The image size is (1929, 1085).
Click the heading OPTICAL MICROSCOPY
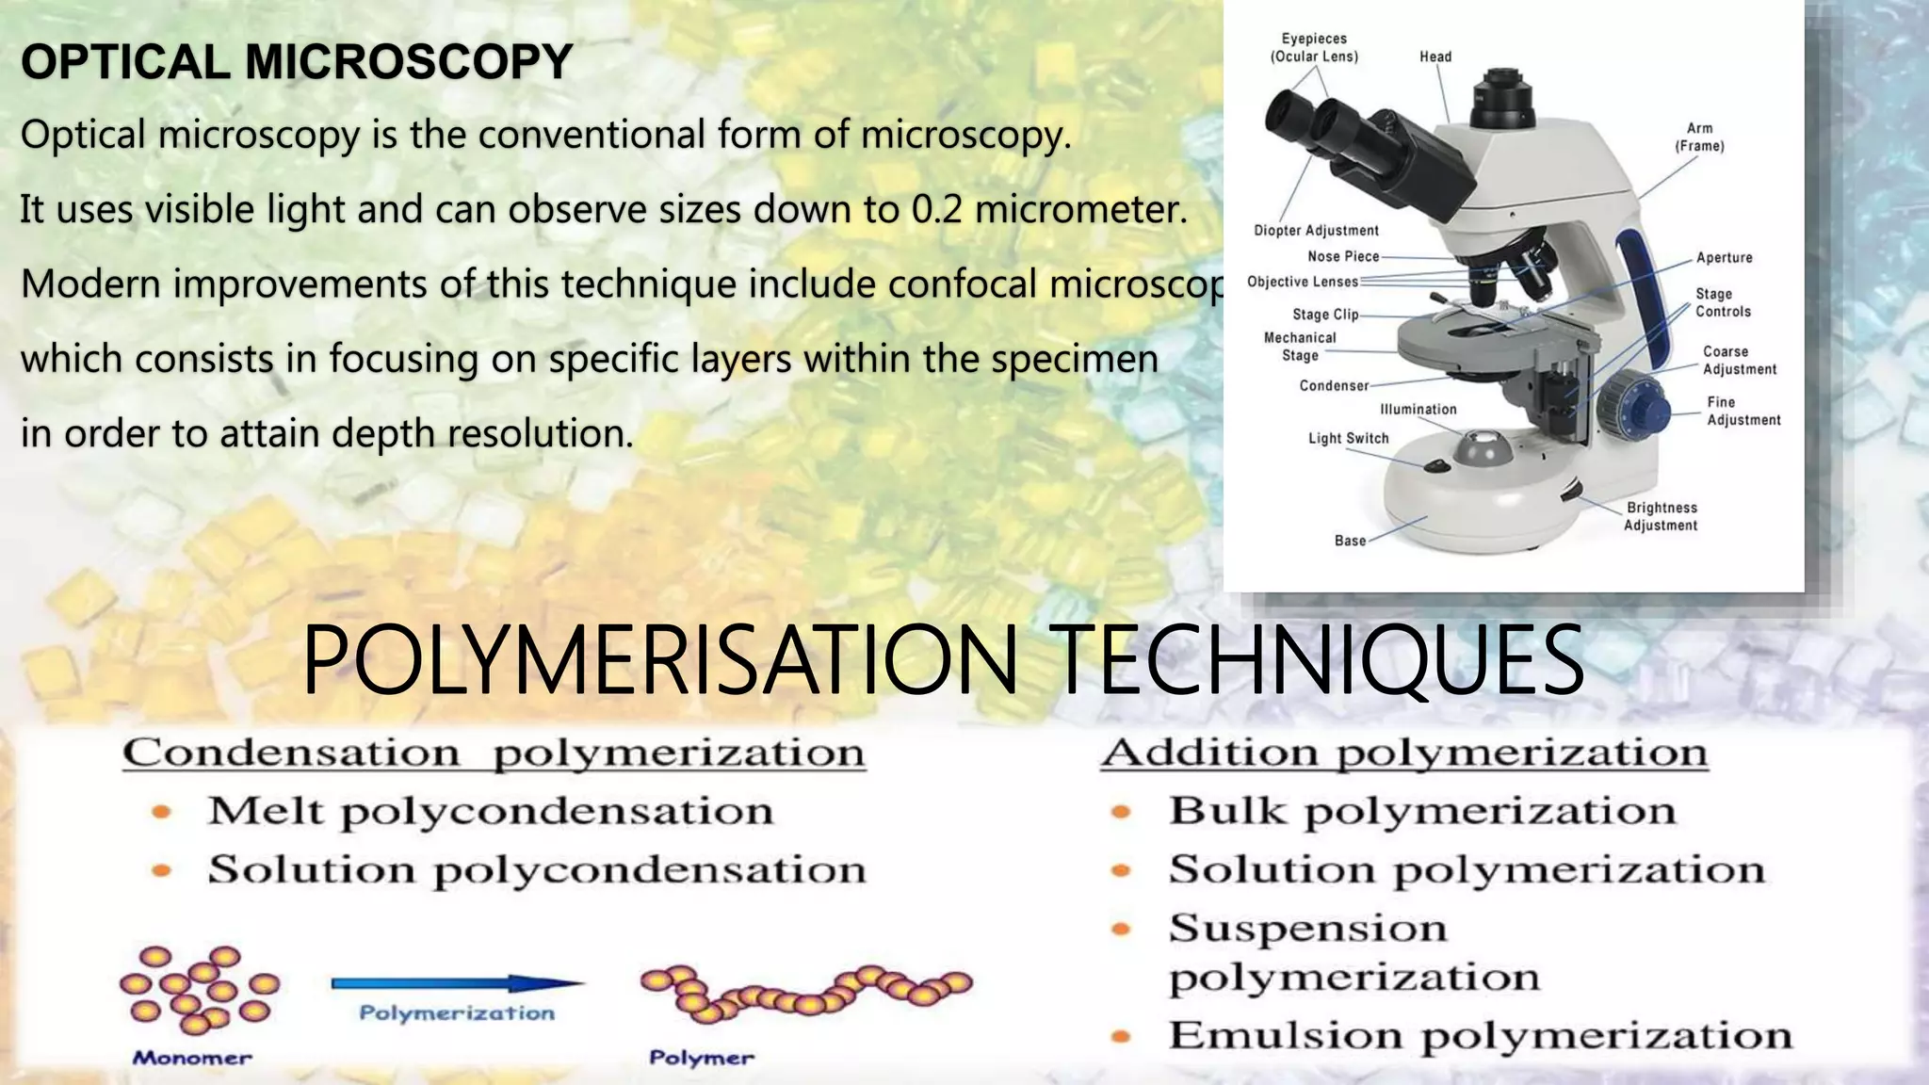coord(297,62)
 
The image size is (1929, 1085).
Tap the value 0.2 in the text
coord(937,209)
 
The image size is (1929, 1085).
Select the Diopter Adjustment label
coord(1316,231)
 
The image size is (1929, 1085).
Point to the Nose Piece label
coord(1343,256)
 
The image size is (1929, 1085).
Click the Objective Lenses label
coord(1303,282)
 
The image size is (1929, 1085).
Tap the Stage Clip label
coord(1325,315)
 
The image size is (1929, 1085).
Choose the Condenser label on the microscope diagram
coord(1334,385)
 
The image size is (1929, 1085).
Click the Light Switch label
coord(1348,438)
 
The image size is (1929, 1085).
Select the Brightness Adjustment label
coord(1661,516)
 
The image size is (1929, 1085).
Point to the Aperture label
coord(1724,258)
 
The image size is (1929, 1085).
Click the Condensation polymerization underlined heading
coord(494,753)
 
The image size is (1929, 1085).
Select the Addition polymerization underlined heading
coord(1403,753)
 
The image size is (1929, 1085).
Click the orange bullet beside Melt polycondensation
coord(162,811)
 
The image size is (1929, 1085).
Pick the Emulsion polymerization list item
coord(1480,1035)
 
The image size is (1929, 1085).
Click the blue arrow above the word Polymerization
coord(457,983)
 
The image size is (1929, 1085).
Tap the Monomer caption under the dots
coord(192,1058)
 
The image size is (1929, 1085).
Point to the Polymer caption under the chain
coord(702,1058)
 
